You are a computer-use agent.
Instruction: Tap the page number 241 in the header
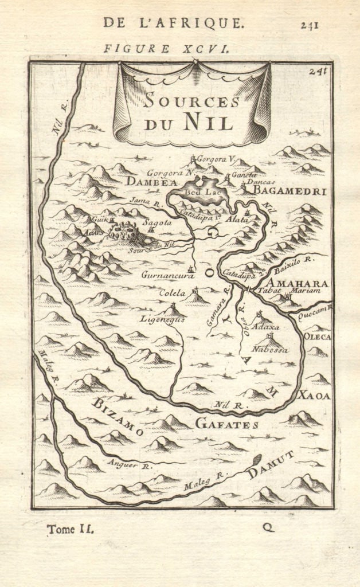(x=309, y=24)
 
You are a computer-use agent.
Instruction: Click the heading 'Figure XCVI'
(x=167, y=49)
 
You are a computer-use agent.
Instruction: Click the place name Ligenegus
(x=163, y=319)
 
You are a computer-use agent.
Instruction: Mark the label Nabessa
(x=269, y=349)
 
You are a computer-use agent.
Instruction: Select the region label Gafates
(x=227, y=424)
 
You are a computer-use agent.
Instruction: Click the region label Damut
(x=271, y=465)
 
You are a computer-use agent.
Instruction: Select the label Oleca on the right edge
(x=317, y=336)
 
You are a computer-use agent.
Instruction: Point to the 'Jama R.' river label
(x=143, y=201)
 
